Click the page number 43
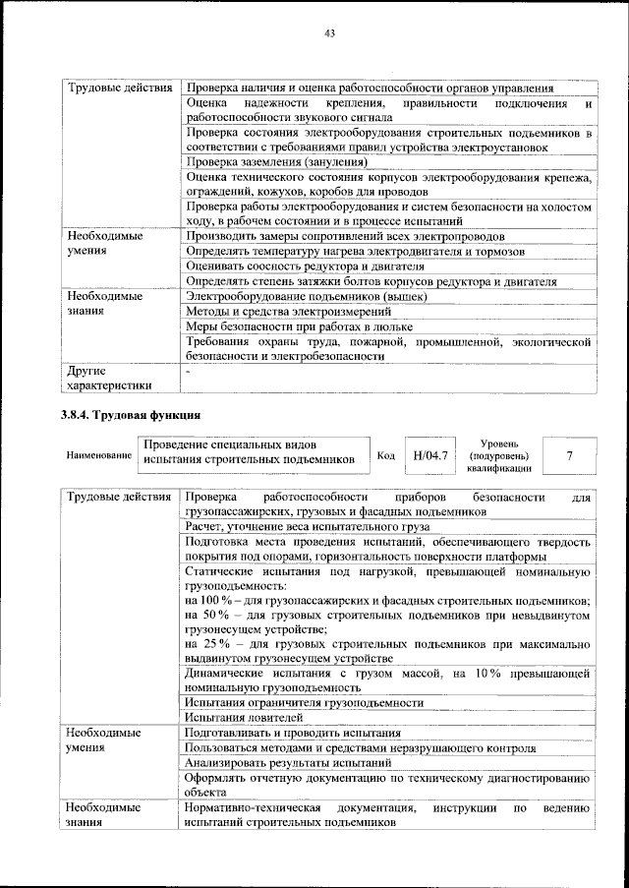[330, 35]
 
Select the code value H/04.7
[431, 455]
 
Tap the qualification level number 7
[569, 455]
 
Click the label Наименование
[99, 456]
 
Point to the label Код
[386, 456]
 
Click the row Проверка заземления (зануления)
[276, 161]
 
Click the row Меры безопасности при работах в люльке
[298, 326]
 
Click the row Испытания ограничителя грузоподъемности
[304, 702]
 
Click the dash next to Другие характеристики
[188, 372]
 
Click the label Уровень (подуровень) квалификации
[500, 455]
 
